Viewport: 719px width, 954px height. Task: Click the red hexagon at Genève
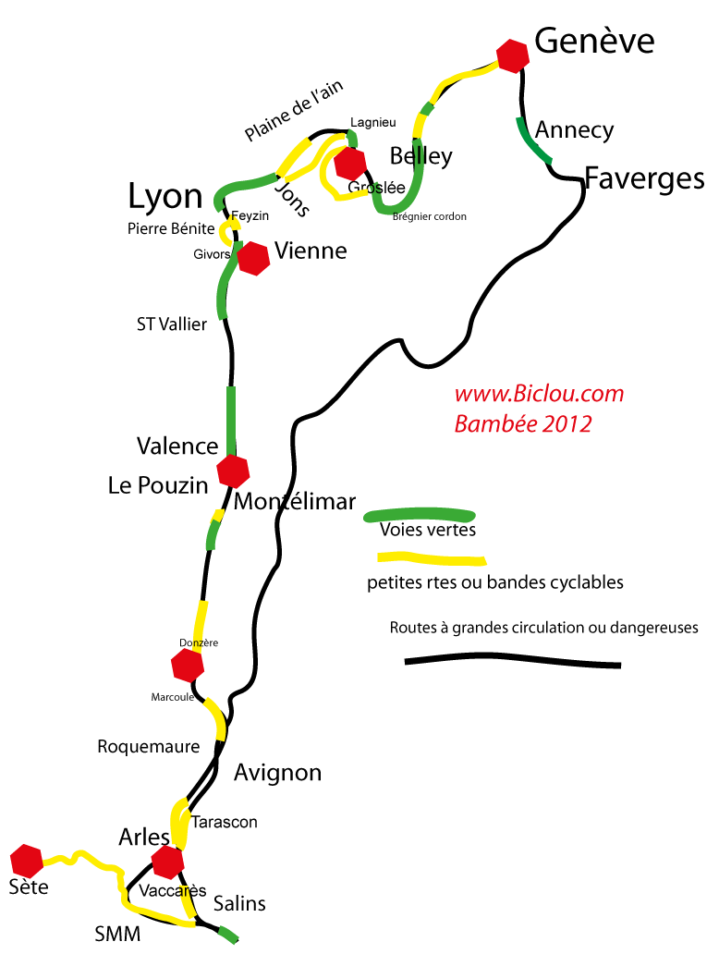[512, 56]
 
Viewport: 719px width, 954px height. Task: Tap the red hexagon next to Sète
[27, 861]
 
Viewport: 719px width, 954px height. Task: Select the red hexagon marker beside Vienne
[253, 259]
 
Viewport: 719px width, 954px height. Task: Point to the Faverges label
[644, 180]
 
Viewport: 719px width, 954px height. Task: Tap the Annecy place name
[574, 131]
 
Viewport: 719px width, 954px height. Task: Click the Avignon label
[277, 774]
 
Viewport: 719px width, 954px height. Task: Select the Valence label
[177, 446]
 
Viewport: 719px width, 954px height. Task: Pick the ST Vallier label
[172, 324]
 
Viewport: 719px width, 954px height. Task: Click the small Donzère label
[199, 642]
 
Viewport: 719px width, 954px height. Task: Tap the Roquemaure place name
[149, 747]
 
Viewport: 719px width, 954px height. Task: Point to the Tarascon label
[225, 822]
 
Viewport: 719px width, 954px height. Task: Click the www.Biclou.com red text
[539, 394]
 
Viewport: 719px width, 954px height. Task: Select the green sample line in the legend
[420, 516]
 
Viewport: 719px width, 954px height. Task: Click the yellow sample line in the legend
[432, 558]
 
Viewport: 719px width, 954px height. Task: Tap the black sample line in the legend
[513, 660]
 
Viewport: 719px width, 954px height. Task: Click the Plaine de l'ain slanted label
[293, 110]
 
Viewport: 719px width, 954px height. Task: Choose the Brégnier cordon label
[430, 216]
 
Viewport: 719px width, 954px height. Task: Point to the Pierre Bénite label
[171, 228]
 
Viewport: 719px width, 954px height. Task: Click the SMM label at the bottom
[117, 934]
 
